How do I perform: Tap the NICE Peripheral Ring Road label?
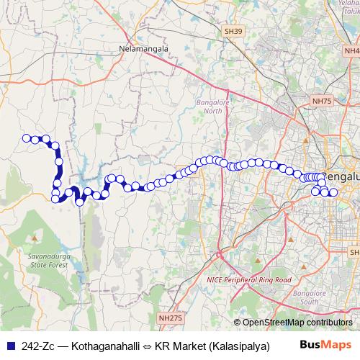[249, 279]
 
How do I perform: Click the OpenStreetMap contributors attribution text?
[297, 323]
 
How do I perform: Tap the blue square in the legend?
[9, 346]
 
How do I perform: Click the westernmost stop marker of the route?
[27, 138]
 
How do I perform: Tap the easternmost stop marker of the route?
[333, 192]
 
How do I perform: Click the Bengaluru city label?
[342, 176]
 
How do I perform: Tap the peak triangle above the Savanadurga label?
[33, 236]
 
